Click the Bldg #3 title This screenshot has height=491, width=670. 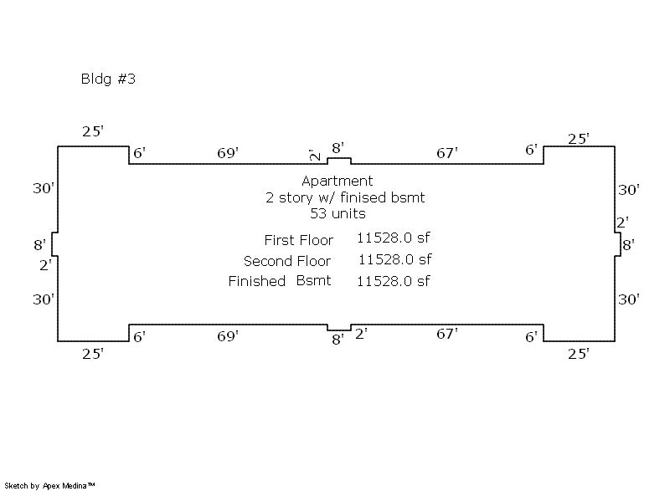click(108, 80)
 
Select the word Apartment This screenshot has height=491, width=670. click(338, 181)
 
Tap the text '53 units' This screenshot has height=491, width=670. click(338, 213)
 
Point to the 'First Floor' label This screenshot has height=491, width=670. click(298, 240)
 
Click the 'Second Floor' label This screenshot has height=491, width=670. click(287, 261)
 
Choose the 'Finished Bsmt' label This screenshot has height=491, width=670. click(280, 281)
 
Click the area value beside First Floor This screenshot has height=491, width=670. click(394, 238)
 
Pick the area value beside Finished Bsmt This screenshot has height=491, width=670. click(394, 281)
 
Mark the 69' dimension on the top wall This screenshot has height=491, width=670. click(228, 153)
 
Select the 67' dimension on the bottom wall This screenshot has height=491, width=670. click(447, 335)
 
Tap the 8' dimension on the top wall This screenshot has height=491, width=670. click(338, 148)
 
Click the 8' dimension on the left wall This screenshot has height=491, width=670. click(40, 245)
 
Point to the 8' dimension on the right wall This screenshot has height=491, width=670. click(628, 244)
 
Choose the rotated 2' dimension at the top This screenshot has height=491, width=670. click(314, 156)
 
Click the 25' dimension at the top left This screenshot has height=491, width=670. click(93, 131)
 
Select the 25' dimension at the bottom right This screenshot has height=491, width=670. click(579, 354)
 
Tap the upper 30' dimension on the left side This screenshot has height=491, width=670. click(44, 188)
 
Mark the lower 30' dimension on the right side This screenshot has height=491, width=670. click(629, 299)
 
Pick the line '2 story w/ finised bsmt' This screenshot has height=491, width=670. click(345, 197)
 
